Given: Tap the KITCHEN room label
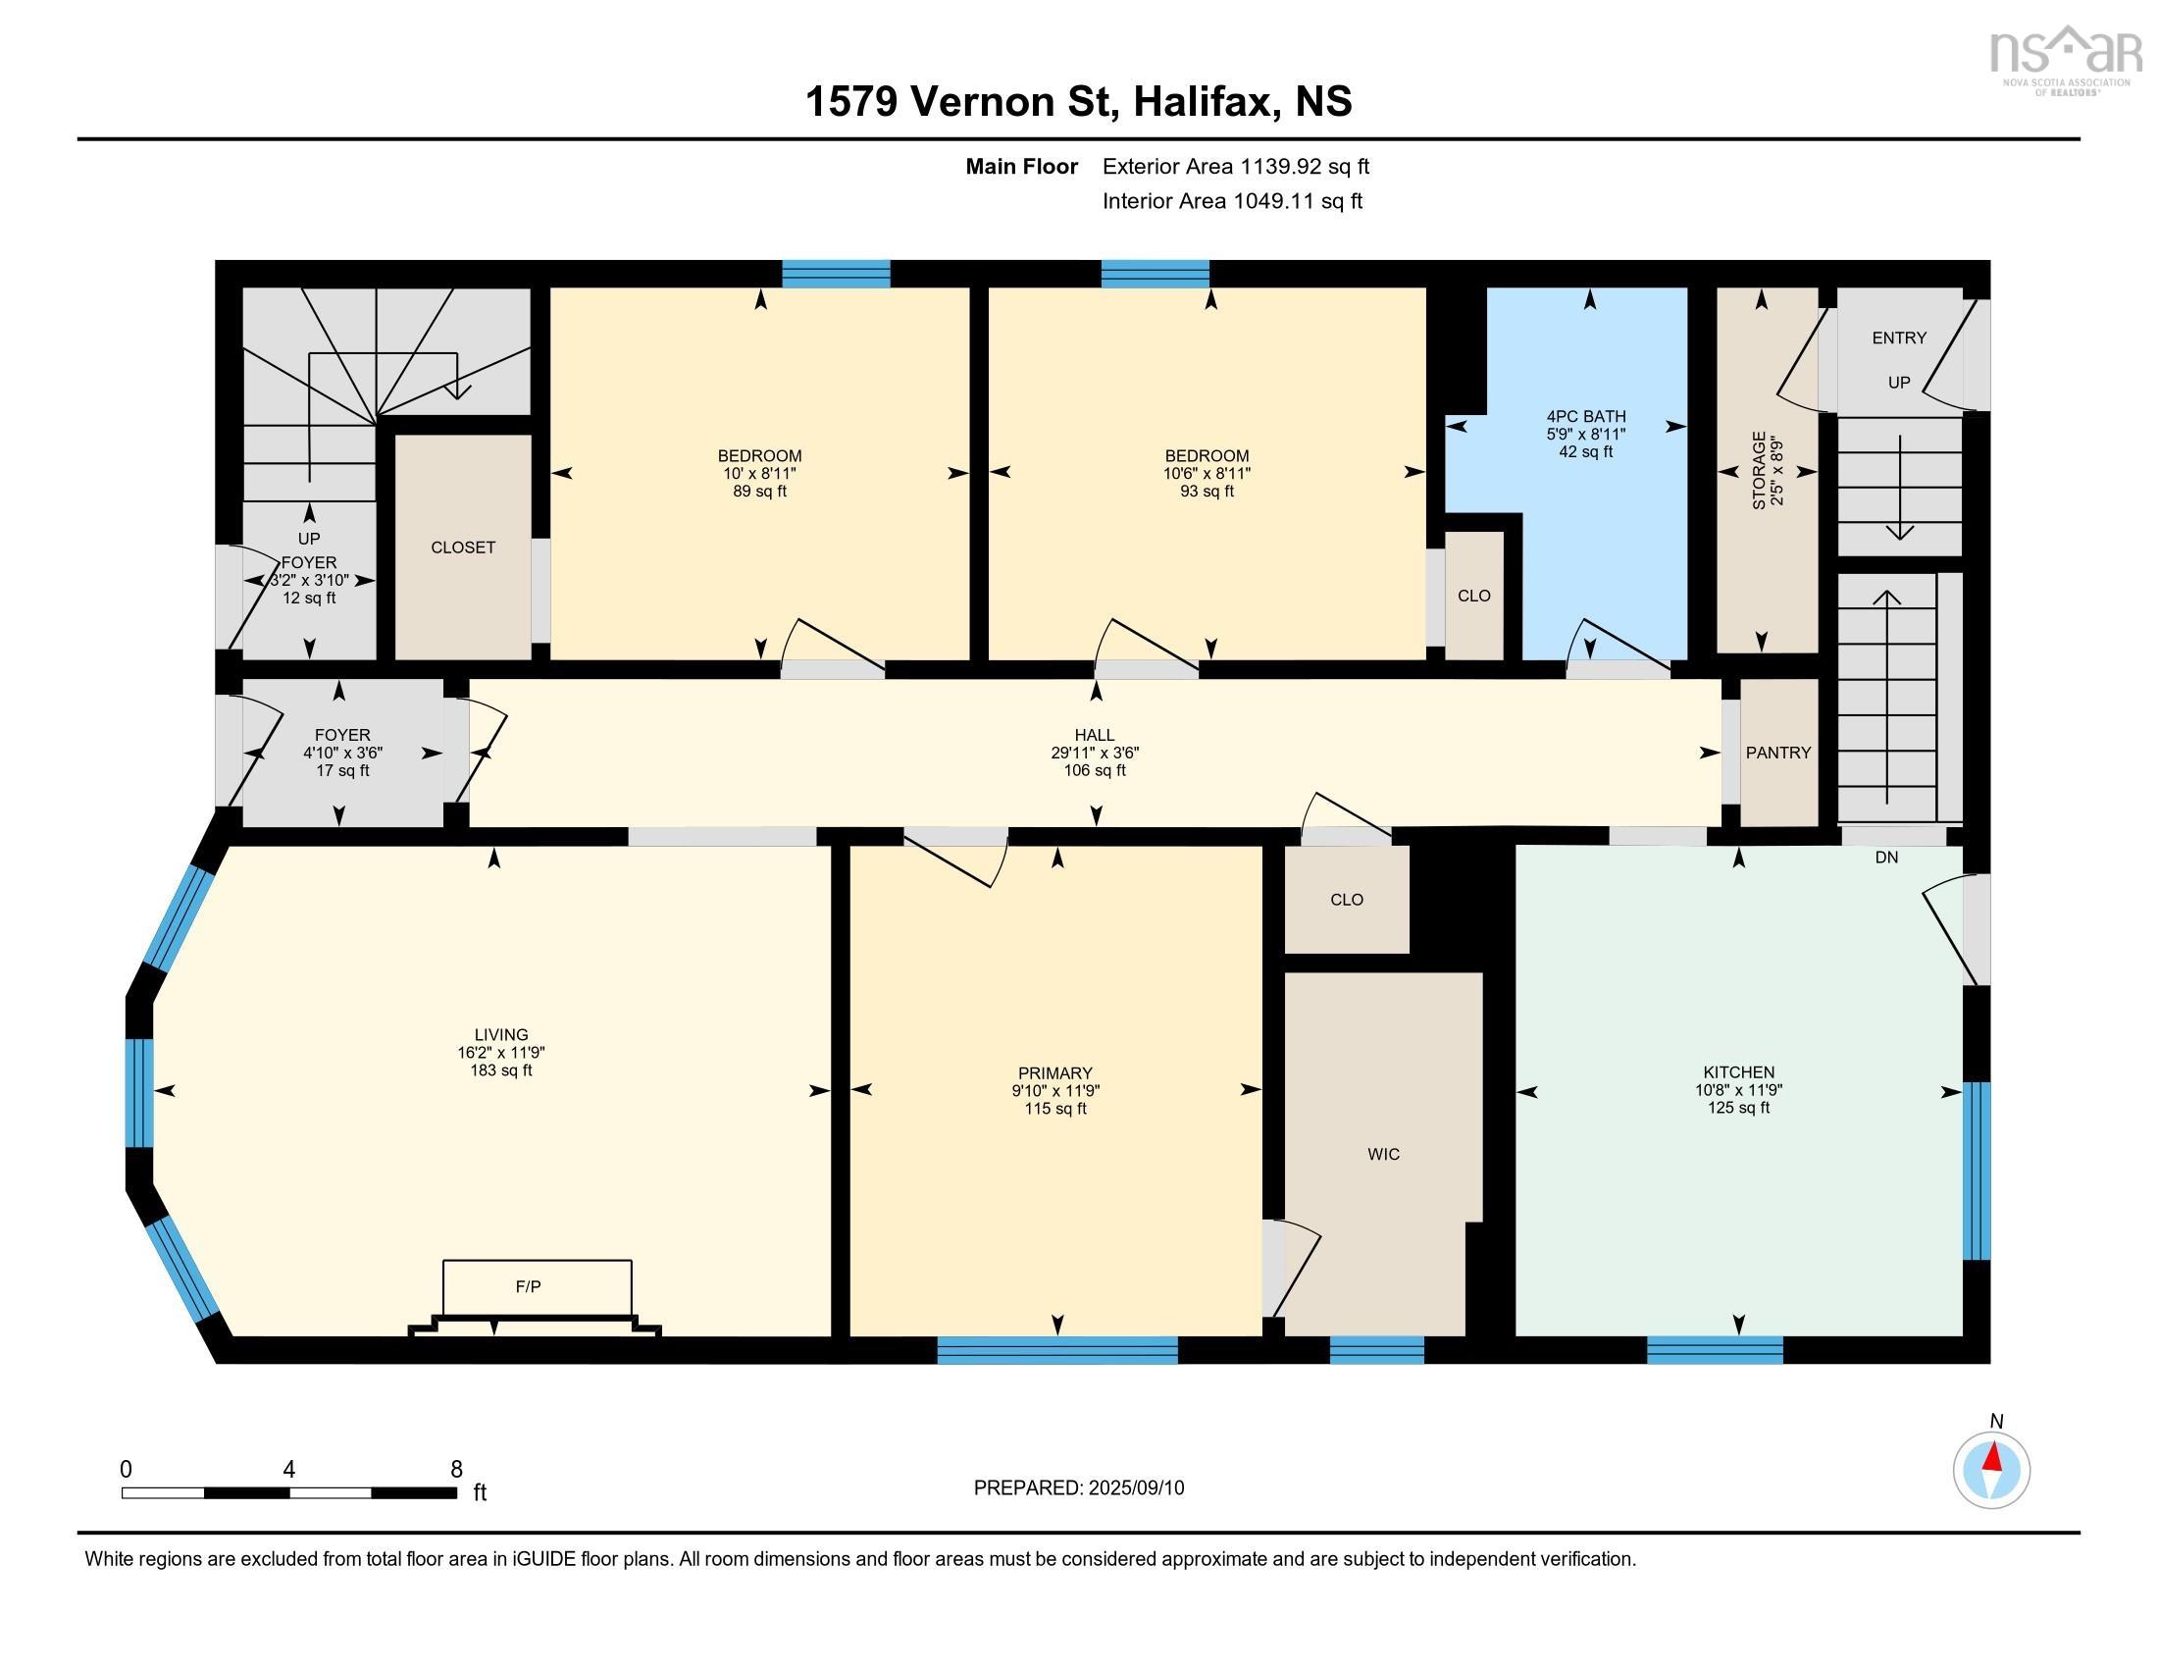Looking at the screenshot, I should click(x=1738, y=1072).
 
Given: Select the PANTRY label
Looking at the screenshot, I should click(x=1777, y=753).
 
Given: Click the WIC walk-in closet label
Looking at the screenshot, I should click(x=1383, y=1154).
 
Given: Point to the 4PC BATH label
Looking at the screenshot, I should click(x=1585, y=417).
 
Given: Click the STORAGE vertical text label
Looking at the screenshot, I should click(x=1759, y=470).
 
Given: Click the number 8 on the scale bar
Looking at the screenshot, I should click(x=455, y=1470).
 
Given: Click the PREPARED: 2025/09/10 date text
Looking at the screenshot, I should click(x=1078, y=1488).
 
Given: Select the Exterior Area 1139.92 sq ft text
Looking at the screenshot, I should click(x=1235, y=167).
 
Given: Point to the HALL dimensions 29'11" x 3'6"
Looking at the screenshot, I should click(x=1094, y=753).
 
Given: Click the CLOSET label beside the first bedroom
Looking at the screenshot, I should click(x=462, y=547).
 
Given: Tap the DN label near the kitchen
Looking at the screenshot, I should click(x=1886, y=858).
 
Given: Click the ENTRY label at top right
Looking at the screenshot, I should click(x=1898, y=338).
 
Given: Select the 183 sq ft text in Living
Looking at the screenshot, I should click(x=501, y=1070).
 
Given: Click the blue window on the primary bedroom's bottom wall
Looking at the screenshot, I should click(x=1056, y=1350).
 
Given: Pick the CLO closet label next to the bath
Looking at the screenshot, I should click(x=1473, y=596).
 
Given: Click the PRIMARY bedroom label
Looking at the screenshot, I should click(x=1055, y=1073).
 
